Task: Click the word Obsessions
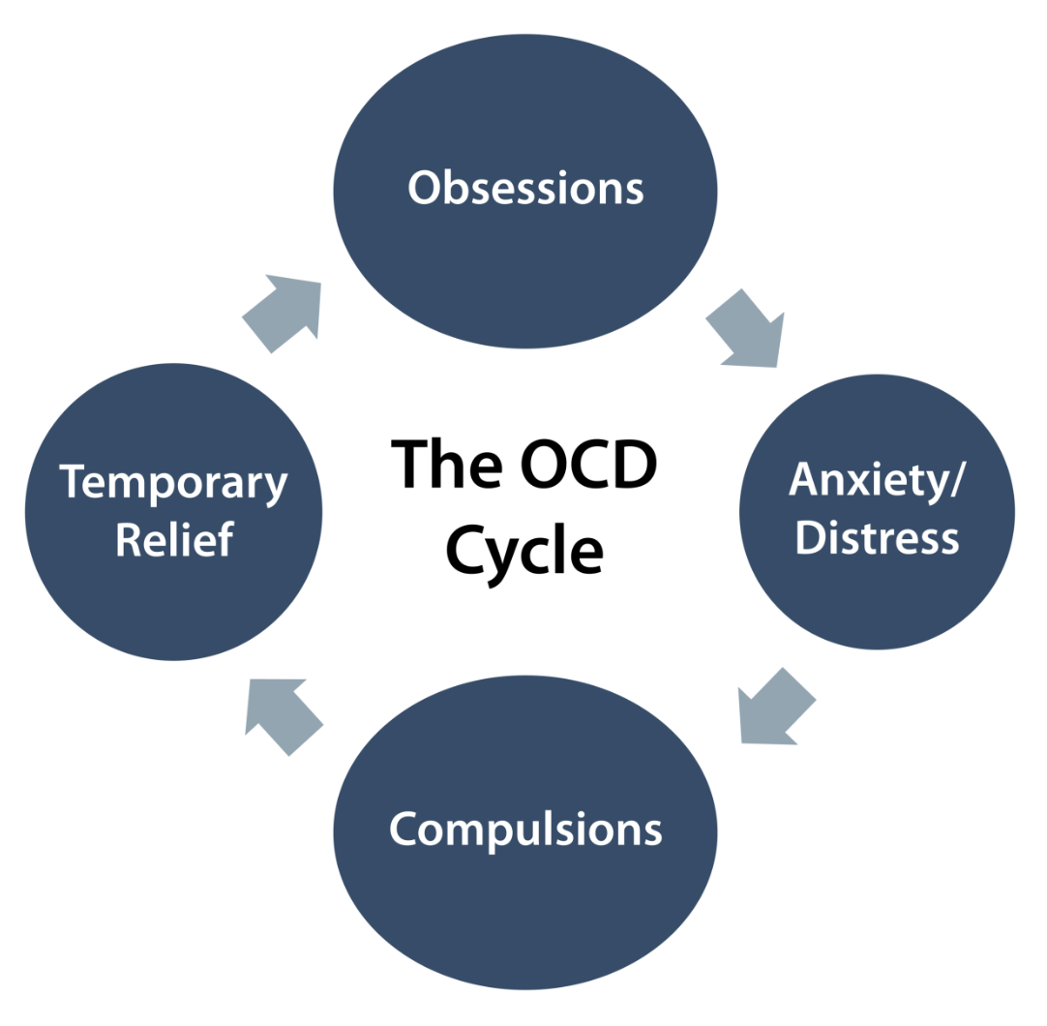(x=525, y=188)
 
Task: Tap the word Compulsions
(x=525, y=830)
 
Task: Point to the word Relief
(x=174, y=539)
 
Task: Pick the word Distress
(x=877, y=537)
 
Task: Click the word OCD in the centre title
(x=587, y=465)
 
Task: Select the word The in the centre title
(x=445, y=465)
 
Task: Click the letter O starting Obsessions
(x=423, y=188)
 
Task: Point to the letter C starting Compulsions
(x=404, y=830)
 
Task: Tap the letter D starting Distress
(x=809, y=537)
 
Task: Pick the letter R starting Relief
(x=128, y=539)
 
